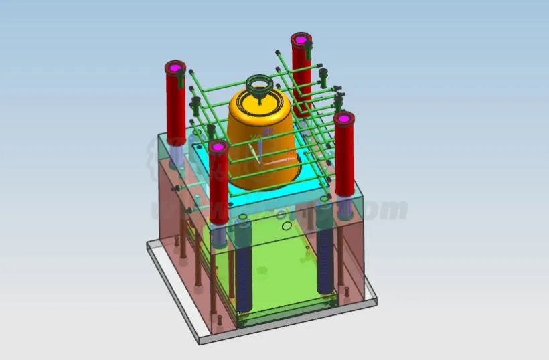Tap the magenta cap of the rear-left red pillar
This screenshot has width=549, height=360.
(x=175, y=67)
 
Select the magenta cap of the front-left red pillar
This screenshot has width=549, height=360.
(x=218, y=146)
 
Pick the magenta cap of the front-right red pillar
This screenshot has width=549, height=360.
(x=344, y=118)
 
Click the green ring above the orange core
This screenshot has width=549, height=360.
(x=259, y=84)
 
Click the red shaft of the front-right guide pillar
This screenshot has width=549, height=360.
(x=344, y=161)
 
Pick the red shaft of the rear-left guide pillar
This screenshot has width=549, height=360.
(x=175, y=107)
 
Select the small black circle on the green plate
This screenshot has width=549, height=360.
(x=286, y=226)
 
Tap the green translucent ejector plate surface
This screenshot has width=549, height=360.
(x=281, y=268)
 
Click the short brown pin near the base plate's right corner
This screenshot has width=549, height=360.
(x=347, y=293)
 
